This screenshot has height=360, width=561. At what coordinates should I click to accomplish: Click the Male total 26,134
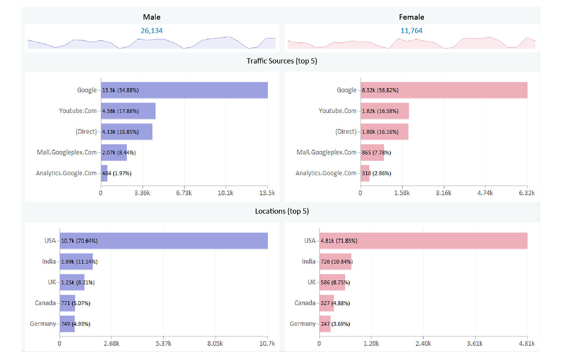tap(152, 31)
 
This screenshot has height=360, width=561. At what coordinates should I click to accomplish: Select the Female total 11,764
tap(411, 31)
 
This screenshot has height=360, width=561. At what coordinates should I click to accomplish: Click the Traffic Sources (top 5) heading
tap(282, 61)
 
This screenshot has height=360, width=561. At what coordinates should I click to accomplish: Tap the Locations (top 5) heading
tap(282, 211)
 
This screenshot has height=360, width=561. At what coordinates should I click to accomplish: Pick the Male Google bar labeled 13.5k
tap(185, 90)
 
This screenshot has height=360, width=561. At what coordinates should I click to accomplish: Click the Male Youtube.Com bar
tap(128, 111)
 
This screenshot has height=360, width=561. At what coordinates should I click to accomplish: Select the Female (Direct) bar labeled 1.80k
tap(385, 132)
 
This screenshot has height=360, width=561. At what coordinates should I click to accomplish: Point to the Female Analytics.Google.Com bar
tap(365, 173)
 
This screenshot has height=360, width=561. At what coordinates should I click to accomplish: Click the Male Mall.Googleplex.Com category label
tap(67, 152)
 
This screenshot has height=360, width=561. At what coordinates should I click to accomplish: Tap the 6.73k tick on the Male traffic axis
tap(184, 193)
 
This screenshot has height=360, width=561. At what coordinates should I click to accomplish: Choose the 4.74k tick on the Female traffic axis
tap(485, 193)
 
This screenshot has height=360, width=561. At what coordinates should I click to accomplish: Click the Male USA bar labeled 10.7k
tap(164, 241)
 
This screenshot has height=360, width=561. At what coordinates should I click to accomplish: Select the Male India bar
tap(76, 261)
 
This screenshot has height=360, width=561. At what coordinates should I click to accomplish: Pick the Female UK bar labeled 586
tap(332, 282)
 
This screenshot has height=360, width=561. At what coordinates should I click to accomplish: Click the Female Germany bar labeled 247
tap(325, 324)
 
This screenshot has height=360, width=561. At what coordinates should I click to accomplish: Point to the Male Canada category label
tap(45, 303)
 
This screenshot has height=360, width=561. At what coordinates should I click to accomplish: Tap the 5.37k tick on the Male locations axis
tap(163, 343)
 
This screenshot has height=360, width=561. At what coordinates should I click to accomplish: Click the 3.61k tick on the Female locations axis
tap(475, 343)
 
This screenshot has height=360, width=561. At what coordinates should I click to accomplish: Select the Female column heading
tap(412, 17)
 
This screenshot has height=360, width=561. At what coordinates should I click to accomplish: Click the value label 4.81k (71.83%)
tap(339, 241)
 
